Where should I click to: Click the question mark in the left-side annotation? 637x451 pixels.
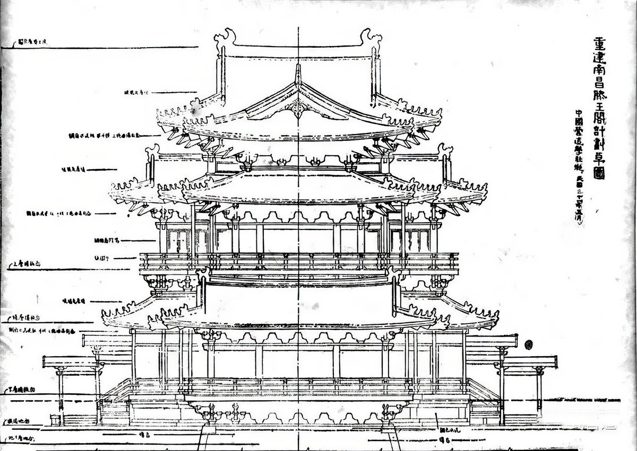(x=108, y=258)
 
